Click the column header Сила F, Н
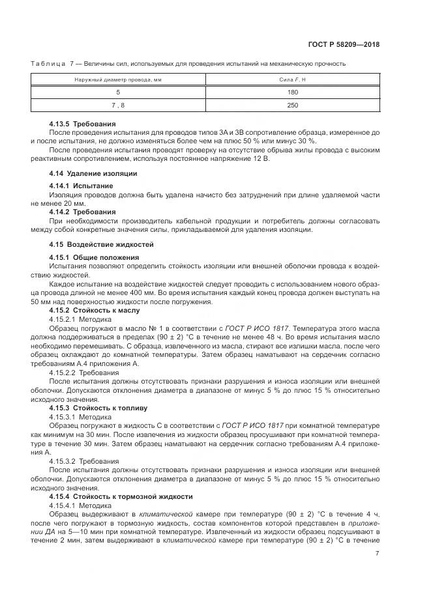point(293,79)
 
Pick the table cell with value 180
point(293,92)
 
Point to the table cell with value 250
point(293,106)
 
